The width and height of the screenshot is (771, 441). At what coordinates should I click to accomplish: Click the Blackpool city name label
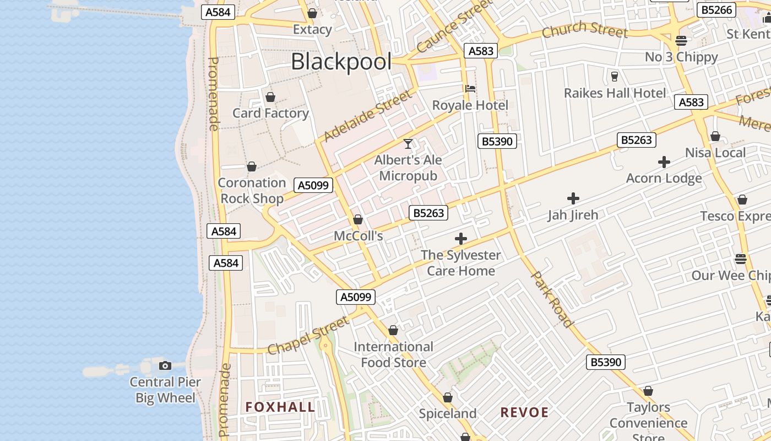tap(341, 61)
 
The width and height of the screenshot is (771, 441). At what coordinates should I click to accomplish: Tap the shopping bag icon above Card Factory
tap(270, 97)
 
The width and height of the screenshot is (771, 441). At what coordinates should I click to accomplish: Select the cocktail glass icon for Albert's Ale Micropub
tap(408, 144)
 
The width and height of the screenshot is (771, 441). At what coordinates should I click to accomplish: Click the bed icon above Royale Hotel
tap(470, 88)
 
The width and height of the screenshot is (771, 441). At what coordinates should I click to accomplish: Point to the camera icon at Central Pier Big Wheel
tap(165, 365)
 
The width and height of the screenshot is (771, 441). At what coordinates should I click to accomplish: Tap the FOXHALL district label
tap(280, 407)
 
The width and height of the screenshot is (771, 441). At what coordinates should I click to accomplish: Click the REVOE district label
tap(524, 412)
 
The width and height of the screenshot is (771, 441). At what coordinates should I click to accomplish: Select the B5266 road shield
tap(717, 10)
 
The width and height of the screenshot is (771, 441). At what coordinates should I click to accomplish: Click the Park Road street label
tap(552, 299)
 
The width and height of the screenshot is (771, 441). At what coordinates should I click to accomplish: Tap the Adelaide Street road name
tap(367, 116)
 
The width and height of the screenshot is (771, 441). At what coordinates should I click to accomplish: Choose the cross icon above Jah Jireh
tap(573, 198)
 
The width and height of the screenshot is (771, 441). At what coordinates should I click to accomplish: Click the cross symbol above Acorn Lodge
tap(664, 162)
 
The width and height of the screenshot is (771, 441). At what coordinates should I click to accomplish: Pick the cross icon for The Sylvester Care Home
tap(461, 239)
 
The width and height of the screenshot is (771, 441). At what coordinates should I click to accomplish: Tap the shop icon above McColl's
tap(358, 219)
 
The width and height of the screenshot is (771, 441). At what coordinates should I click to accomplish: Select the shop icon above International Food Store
tap(393, 330)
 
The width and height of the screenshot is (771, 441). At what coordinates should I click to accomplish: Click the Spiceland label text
tap(448, 413)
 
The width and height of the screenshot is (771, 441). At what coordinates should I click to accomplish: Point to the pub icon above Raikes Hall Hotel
tap(615, 76)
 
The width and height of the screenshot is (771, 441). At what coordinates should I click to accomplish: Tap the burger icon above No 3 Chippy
tap(681, 40)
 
